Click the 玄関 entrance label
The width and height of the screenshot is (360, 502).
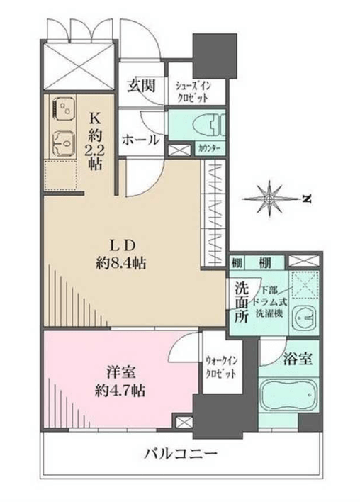[141, 86]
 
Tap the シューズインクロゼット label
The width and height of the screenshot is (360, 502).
[193, 91]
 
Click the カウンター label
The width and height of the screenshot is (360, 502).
[209, 149]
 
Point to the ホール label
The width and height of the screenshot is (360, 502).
[140, 140]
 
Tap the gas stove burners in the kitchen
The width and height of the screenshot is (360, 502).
[63, 109]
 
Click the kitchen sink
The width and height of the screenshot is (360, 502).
[63, 143]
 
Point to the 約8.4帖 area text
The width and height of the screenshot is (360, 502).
[121, 264]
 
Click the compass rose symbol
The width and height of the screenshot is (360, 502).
[269, 199]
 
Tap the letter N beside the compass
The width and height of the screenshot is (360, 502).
[307, 199]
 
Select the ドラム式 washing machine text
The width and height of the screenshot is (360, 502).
[269, 302]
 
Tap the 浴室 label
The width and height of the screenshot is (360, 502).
[298, 359]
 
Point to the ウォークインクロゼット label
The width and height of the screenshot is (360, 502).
[221, 367]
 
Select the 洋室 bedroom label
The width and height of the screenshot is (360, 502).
[120, 373]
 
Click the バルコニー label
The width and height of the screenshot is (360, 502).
[181, 454]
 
